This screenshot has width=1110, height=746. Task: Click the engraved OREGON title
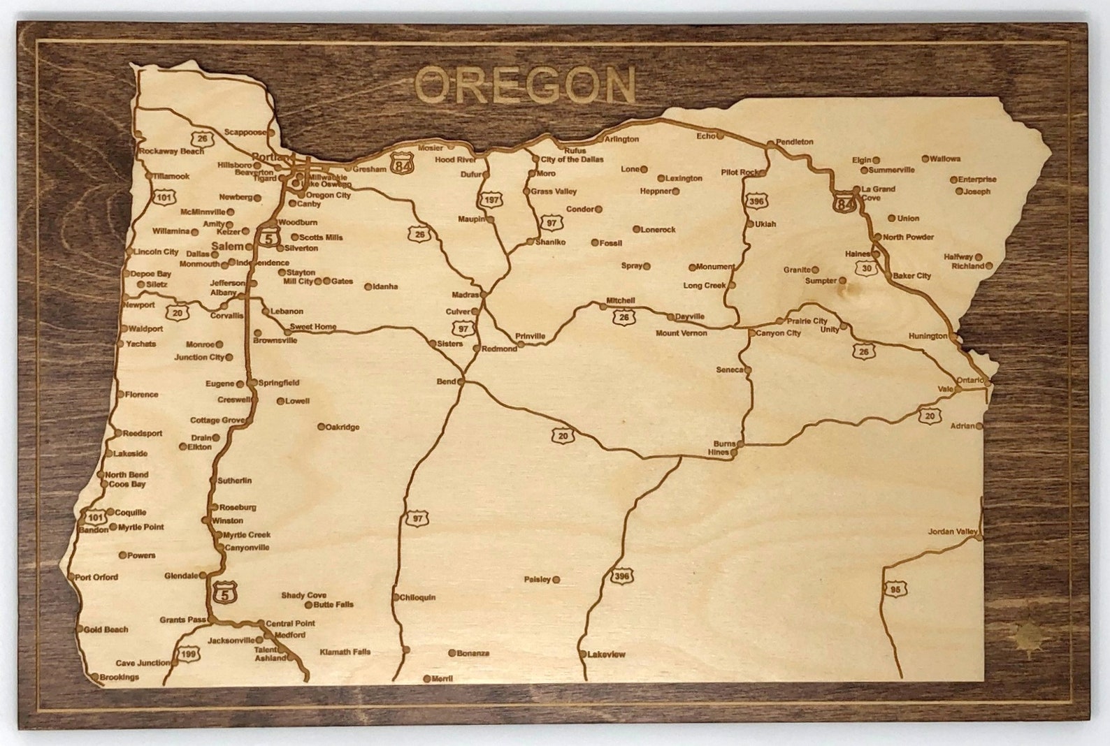tap(525, 85)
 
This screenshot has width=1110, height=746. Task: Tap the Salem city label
tap(227, 247)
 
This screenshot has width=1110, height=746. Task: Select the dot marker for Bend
tap(461, 381)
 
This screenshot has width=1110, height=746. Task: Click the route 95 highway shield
tap(895, 590)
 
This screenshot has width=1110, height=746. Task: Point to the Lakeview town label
tap(607, 654)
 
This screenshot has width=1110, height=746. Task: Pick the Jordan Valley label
tap(952, 532)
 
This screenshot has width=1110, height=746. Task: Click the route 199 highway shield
tap(188, 654)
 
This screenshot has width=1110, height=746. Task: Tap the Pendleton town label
tap(795, 142)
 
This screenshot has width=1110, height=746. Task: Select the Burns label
tap(724, 444)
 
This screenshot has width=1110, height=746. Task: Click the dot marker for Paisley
tap(556, 579)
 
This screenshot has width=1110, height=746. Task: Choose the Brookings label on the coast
tap(119, 677)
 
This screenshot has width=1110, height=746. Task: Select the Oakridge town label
tap(343, 427)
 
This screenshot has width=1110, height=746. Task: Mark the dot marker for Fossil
tap(595, 242)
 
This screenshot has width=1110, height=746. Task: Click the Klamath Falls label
tap(345, 652)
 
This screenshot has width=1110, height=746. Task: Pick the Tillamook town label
tap(171, 176)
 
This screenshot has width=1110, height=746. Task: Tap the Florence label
tap(142, 395)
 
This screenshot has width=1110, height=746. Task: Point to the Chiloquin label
tap(418, 597)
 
